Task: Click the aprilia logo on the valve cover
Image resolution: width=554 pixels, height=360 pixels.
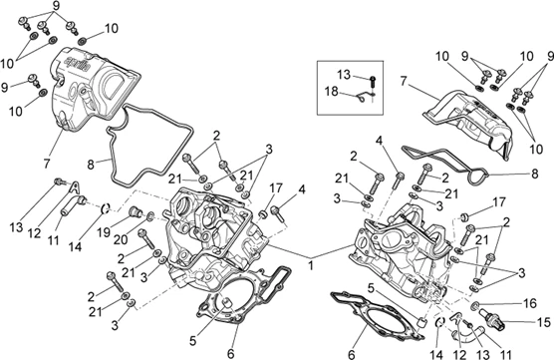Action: click(77, 63)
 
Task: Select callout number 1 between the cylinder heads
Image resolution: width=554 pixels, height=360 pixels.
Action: click(311, 265)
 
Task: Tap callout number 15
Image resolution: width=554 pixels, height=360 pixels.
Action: click(544, 322)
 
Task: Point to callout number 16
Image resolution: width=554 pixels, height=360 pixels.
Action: click(530, 303)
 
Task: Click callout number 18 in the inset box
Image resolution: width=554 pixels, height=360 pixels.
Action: click(332, 92)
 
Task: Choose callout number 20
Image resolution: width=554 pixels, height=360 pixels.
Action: click(121, 240)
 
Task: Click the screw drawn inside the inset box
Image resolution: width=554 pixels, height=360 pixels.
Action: click(373, 83)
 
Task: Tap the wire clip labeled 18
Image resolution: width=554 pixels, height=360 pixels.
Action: click(364, 97)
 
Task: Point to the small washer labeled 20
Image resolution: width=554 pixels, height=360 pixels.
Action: click(149, 216)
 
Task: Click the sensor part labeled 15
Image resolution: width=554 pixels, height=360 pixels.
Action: click(492, 316)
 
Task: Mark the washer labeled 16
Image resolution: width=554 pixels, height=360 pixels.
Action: click(476, 305)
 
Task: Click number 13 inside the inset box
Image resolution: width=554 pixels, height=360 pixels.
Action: click(344, 75)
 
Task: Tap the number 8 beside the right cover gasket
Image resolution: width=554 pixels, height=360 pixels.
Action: click(534, 174)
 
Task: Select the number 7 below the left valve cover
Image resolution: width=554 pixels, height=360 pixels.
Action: click(47, 164)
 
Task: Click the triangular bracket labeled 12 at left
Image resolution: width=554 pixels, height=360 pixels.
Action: click(74, 186)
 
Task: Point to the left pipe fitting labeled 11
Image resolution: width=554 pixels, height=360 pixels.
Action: click(74, 205)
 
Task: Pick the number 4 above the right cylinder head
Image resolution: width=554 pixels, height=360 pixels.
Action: click(379, 141)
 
